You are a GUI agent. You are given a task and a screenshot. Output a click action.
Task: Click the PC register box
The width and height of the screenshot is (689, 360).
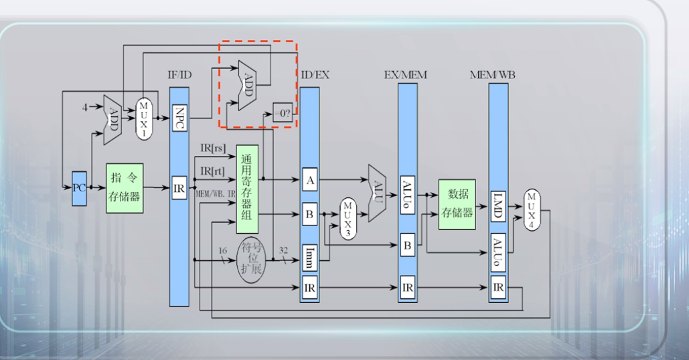(x=79, y=187)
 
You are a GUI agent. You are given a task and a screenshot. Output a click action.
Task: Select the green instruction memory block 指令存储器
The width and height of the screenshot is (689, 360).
(x=125, y=187)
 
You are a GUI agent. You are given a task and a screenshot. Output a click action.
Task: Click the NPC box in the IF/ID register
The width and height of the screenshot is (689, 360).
(x=179, y=118)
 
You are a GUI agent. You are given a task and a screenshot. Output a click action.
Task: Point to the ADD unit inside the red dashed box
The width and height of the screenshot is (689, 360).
(x=246, y=86)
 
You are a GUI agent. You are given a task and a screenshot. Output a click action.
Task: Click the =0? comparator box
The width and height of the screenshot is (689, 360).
(x=283, y=114)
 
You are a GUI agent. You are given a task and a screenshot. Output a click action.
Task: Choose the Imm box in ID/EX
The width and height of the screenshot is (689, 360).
(x=309, y=256)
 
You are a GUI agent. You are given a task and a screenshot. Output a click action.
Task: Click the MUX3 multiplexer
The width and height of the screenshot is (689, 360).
(x=348, y=218)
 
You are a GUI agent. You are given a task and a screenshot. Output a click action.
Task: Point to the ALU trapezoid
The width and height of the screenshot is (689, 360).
(x=377, y=194)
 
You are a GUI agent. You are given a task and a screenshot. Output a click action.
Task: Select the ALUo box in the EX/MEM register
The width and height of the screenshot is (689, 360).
(x=407, y=194)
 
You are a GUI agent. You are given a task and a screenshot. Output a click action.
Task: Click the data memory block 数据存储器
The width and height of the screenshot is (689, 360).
(x=457, y=204)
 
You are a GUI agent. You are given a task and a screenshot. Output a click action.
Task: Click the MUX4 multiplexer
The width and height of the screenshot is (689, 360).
(x=532, y=209)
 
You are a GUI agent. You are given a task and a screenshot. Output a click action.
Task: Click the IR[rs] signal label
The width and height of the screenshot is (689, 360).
(x=213, y=147)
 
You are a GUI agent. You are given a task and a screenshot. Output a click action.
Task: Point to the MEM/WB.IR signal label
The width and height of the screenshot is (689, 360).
(x=214, y=193)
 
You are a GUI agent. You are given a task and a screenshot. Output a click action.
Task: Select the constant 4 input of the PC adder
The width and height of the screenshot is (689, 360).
(x=85, y=107)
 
